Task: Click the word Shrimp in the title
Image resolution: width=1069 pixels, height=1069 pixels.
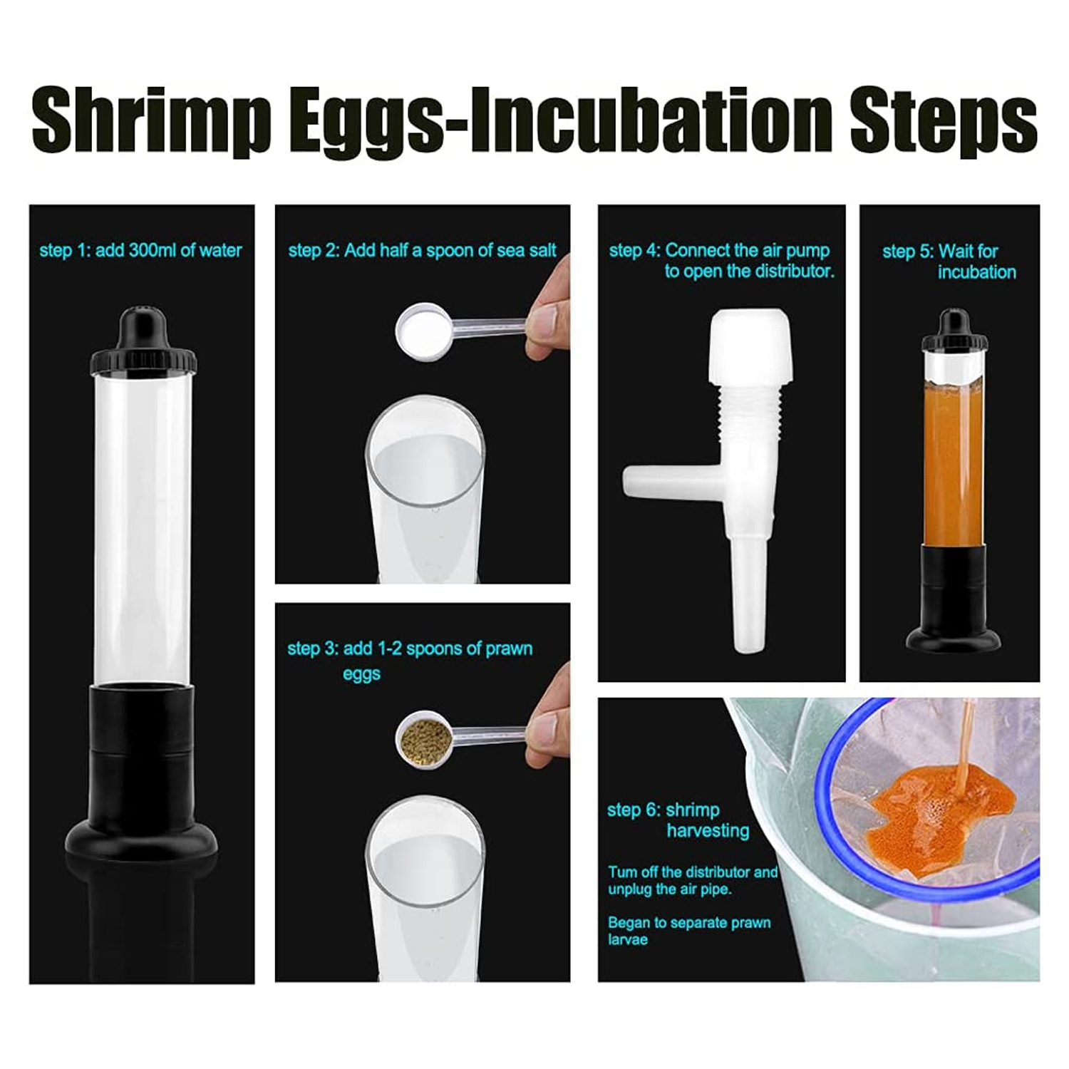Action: tap(151, 119)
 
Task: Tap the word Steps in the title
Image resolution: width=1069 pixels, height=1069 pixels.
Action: tap(944, 118)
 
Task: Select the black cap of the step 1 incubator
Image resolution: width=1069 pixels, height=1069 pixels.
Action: tap(143, 341)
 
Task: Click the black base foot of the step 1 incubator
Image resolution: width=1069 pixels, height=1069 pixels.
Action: tap(142, 840)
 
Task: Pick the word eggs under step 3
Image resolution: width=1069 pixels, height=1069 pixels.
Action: tap(361, 674)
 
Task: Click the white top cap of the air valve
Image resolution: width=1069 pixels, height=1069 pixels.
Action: tap(749, 348)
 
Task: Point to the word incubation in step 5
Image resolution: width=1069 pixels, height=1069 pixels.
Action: tap(976, 272)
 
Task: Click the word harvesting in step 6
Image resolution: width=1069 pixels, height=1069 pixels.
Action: tap(708, 831)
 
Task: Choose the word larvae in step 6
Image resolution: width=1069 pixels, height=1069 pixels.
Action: tap(628, 939)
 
